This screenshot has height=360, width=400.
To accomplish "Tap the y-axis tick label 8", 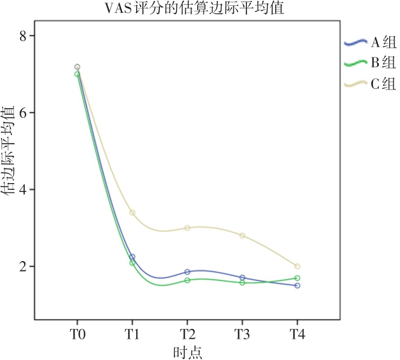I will [24, 36].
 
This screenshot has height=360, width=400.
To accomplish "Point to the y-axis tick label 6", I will [24, 113].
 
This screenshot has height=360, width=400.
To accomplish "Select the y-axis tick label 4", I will [24, 190].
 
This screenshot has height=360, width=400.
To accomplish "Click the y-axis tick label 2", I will [24, 267].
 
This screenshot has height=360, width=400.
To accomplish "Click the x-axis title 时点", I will [187, 352].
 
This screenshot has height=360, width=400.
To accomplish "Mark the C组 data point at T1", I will [132, 213].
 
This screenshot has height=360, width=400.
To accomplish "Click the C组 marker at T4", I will [297, 266].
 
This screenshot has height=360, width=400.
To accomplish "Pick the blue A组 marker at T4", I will [297, 286].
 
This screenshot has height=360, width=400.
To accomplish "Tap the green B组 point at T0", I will [77, 74].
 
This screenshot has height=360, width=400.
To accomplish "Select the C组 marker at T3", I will [242, 235].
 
